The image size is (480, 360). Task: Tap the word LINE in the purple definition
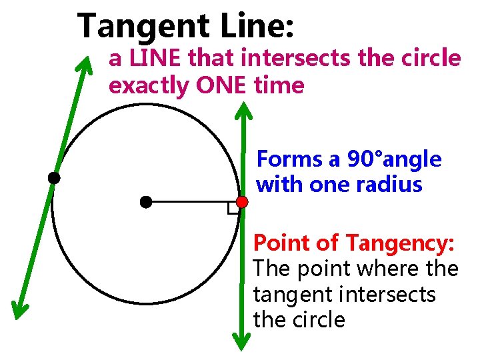tap(156, 59)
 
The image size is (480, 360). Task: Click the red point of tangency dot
tap(242, 201)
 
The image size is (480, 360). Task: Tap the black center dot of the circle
tap(146, 201)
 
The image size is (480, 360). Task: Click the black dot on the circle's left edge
tap(53, 178)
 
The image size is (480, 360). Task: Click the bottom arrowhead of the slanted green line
tap(19, 307)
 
